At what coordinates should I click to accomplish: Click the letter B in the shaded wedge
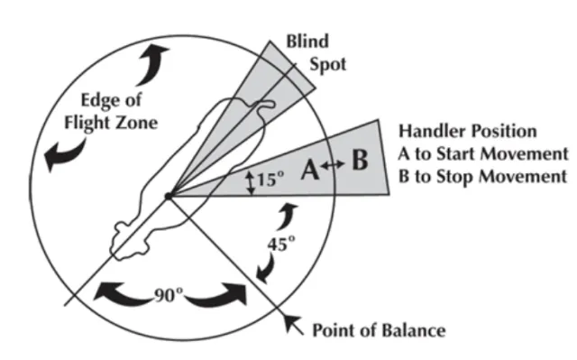click(360, 163)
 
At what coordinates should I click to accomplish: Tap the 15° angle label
click(270, 180)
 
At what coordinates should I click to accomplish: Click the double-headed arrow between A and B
click(333, 165)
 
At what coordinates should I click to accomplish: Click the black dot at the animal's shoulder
click(168, 195)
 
